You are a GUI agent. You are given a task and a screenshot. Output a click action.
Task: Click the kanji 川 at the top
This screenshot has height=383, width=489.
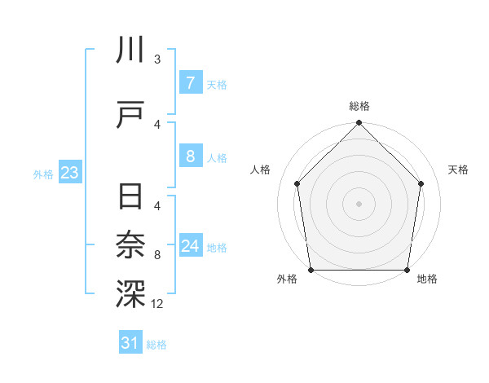pos(130,50)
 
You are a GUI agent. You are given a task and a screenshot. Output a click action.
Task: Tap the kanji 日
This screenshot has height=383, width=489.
pos(130,198)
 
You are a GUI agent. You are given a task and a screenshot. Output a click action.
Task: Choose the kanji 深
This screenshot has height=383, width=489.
pos(130,294)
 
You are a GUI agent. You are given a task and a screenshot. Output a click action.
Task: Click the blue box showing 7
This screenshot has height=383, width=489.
pos(190,82)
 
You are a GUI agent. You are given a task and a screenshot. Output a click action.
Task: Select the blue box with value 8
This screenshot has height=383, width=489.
pos(190,156)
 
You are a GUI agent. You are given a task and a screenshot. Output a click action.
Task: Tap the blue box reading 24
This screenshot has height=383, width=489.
pos(190,246)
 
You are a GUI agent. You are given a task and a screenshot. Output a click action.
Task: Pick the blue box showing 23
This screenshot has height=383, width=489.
pos(69,173)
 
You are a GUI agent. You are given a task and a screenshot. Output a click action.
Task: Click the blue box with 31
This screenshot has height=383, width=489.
pos(130,343)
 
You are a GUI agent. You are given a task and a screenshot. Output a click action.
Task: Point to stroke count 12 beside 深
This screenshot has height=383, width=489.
pos(156,305)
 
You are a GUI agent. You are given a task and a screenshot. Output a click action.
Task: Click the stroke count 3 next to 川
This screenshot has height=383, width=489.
pos(157,59)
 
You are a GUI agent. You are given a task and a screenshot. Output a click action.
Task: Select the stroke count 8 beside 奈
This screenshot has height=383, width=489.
pos(157,256)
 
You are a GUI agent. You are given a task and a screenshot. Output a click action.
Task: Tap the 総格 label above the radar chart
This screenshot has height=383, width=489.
pos(359,106)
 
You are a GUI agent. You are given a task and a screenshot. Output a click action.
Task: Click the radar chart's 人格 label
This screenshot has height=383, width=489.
pos(261,169)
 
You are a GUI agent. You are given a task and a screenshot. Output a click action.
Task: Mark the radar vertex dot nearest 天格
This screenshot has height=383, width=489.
pos(421,183)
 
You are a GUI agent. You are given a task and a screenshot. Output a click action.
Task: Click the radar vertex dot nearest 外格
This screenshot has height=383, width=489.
pos(311,270)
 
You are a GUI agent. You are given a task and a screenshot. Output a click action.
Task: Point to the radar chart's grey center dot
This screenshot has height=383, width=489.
pos(359,203)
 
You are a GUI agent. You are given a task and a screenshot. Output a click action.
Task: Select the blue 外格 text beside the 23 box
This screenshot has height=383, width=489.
pos(42,174)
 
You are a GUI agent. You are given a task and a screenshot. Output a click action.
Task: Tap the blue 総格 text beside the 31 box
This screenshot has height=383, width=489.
pos(156,345)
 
